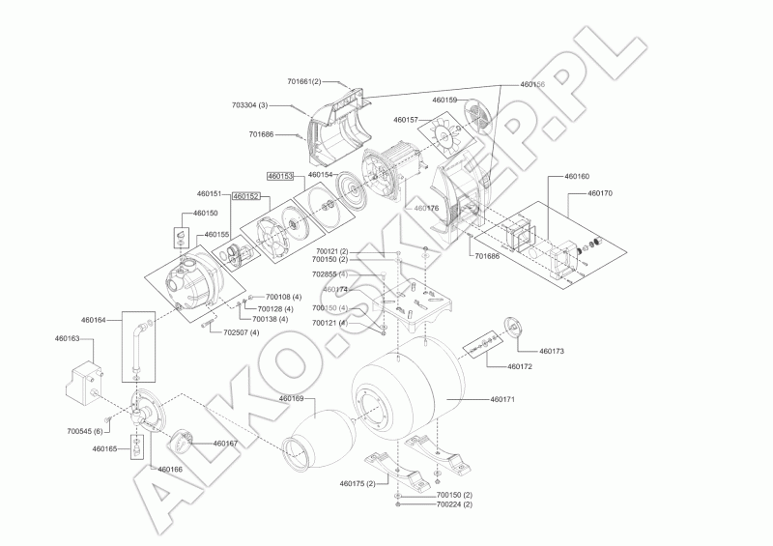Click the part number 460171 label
tap(503, 399)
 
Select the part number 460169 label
tap(291, 398)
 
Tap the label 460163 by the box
tap(67, 340)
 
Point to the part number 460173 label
tap(551, 351)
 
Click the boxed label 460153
tap(280, 176)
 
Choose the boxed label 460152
tap(246, 195)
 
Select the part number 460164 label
tap(94, 319)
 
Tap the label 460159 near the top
tap(445, 101)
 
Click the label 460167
tap(225, 443)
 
